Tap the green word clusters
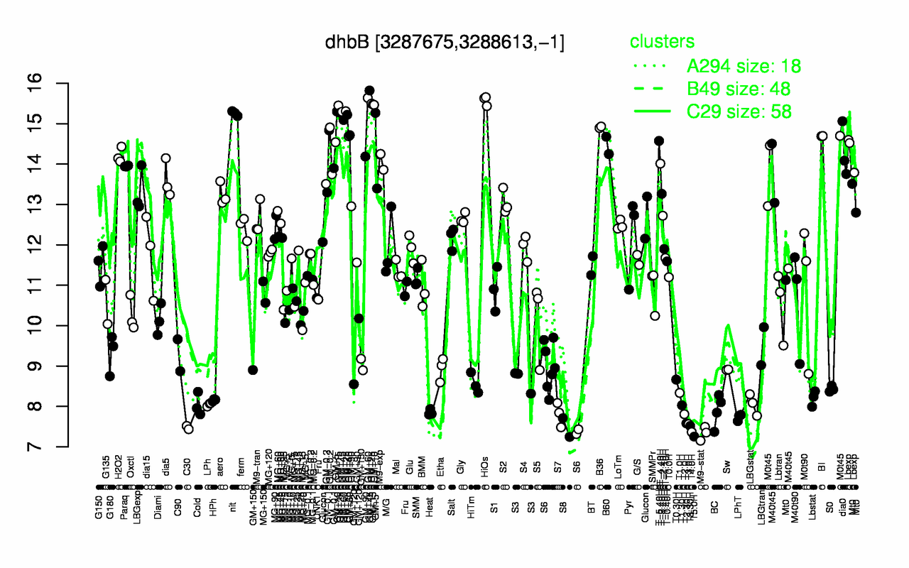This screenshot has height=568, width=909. pos(662,42)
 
